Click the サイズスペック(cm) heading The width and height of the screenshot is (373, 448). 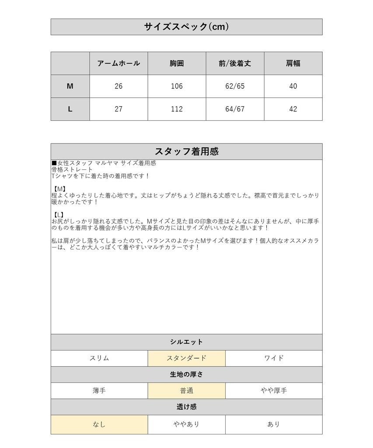[186, 27]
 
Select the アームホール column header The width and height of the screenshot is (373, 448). [119, 63]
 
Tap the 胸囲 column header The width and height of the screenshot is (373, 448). [177, 63]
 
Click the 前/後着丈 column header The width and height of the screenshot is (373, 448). [235, 63]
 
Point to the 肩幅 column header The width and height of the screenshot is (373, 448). [293, 63]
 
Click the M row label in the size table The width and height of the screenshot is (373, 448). [70, 86]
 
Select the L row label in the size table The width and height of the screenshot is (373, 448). [70, 109]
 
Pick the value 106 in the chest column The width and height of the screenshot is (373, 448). [177, 86]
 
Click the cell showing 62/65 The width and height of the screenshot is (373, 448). [235, 86]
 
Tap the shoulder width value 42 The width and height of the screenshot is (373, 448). [293, 109]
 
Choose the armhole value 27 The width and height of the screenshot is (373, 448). [119, 109]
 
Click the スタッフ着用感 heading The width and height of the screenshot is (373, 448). [186, 151]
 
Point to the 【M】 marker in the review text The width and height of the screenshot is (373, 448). [58, 189]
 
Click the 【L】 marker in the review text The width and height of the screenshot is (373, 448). [58, 215]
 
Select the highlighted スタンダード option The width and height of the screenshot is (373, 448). [186, 358]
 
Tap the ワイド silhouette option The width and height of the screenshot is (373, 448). [274, 358]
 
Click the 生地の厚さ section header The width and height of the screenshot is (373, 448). [186, 374]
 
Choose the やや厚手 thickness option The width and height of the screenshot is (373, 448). [274, 391]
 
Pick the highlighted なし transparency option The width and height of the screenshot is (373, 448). [99, 424]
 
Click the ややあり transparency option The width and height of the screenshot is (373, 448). [186, 424]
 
